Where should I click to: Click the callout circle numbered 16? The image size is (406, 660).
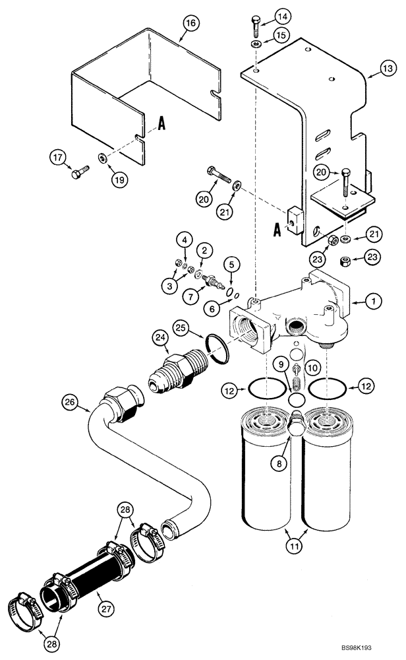[x=190, y=24]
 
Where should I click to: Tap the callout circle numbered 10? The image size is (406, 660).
[x=313, y=365]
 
